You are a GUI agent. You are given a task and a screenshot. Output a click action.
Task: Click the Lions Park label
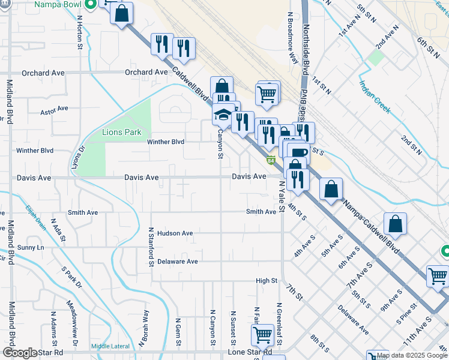coord(121,132)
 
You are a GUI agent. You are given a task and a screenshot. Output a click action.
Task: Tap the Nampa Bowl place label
coord(59,5)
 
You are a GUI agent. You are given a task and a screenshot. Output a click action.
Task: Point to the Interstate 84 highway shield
coord(271,160)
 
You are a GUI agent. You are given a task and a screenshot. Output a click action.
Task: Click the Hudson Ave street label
coord(175,233)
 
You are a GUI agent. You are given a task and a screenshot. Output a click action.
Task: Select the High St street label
coord(267,280)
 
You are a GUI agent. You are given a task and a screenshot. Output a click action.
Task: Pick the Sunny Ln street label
coord(31,247)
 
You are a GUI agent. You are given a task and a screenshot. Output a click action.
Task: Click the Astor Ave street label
coord(55,110)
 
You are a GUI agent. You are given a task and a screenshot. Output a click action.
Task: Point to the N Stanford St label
coord(151,246)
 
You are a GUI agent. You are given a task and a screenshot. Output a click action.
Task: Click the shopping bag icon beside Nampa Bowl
coord(121,14)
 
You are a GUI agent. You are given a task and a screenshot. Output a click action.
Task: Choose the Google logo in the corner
coord(20,353)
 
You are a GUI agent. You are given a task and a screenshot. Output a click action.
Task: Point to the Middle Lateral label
coord(110,346)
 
